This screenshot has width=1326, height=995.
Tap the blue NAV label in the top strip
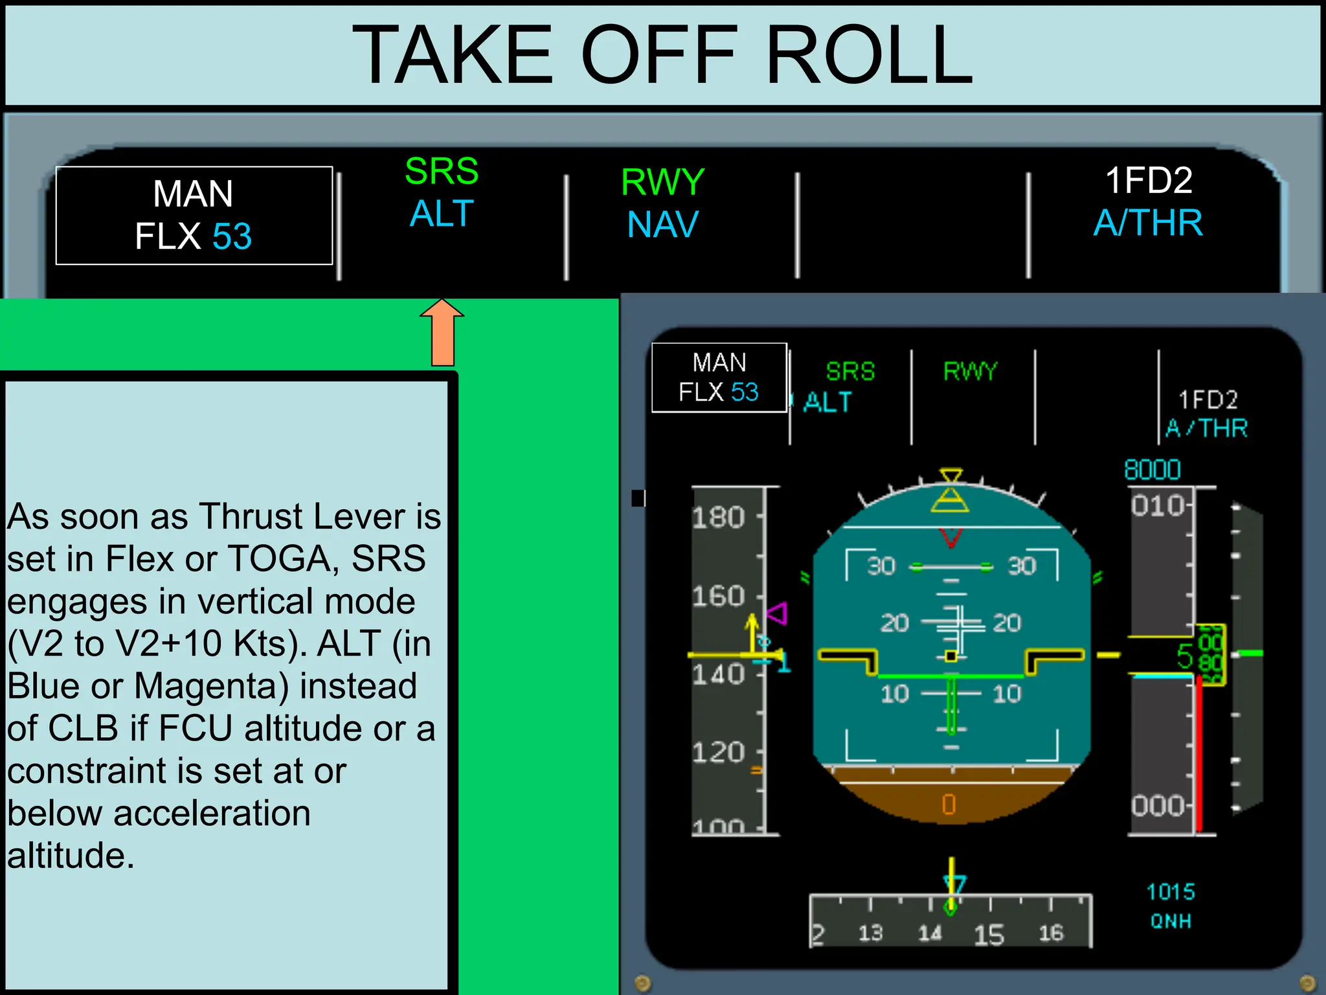click(662, 225)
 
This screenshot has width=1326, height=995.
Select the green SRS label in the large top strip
click(442, 171)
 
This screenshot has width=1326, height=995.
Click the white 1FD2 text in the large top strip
click(1148, 180)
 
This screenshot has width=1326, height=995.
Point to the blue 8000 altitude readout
click(1152, 470)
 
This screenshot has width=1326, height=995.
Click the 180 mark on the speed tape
click(718, 518)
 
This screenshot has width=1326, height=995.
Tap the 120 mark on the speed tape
click(718, 753)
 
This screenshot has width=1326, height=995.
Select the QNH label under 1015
click(1171, 921)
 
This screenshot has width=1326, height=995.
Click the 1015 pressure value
click(1171, 892)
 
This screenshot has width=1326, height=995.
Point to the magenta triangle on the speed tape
click(778, 613)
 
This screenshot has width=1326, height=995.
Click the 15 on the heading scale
click(989, 935)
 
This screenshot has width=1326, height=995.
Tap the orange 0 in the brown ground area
click(949, 805)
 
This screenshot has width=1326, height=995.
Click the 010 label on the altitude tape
click(1158, 505)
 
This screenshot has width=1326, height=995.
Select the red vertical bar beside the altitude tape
click(1199, 751)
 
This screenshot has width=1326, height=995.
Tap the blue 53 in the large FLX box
click(232, 236)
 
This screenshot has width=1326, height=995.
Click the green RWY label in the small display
click(970, 371)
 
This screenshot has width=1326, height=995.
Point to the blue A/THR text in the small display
click(1206, 428)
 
